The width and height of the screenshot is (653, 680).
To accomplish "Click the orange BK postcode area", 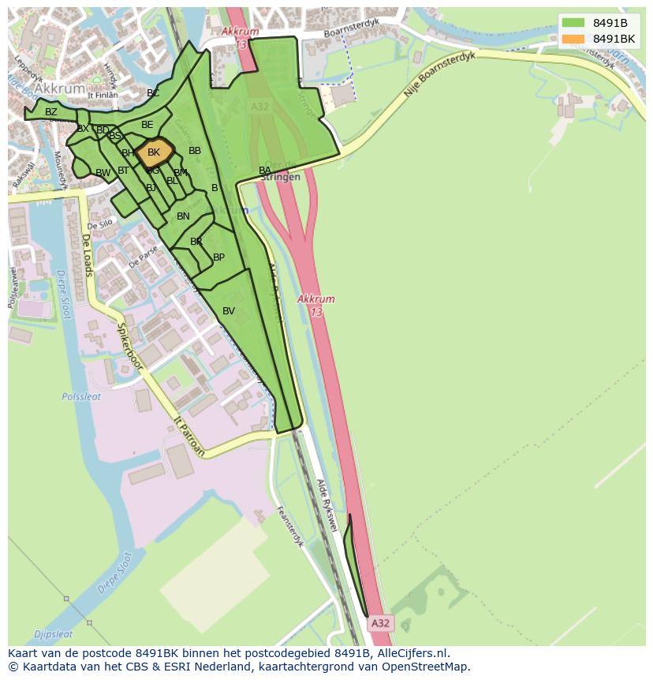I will point(154,152).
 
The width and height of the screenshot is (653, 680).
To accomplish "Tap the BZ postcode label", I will point(51,112).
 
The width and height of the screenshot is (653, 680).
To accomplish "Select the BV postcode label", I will point(229,311).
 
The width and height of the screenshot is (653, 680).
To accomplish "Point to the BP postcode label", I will point(218,257).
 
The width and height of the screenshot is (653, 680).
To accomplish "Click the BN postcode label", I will point(183,216).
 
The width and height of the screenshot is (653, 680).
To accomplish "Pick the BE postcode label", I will point(147,125).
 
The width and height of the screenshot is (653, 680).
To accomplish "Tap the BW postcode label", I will point(103,173).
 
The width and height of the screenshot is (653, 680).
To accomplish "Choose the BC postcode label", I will point(153,93).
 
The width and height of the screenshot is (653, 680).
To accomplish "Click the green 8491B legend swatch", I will point(573,22).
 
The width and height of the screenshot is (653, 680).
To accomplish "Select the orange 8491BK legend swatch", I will point(573,39).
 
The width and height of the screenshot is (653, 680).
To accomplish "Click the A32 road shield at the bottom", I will point(380,623).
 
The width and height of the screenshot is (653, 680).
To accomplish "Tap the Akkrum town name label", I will point(61,89).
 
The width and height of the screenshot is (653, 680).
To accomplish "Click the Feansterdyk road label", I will point(289,526).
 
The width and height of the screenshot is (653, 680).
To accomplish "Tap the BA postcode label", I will point(265,171).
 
